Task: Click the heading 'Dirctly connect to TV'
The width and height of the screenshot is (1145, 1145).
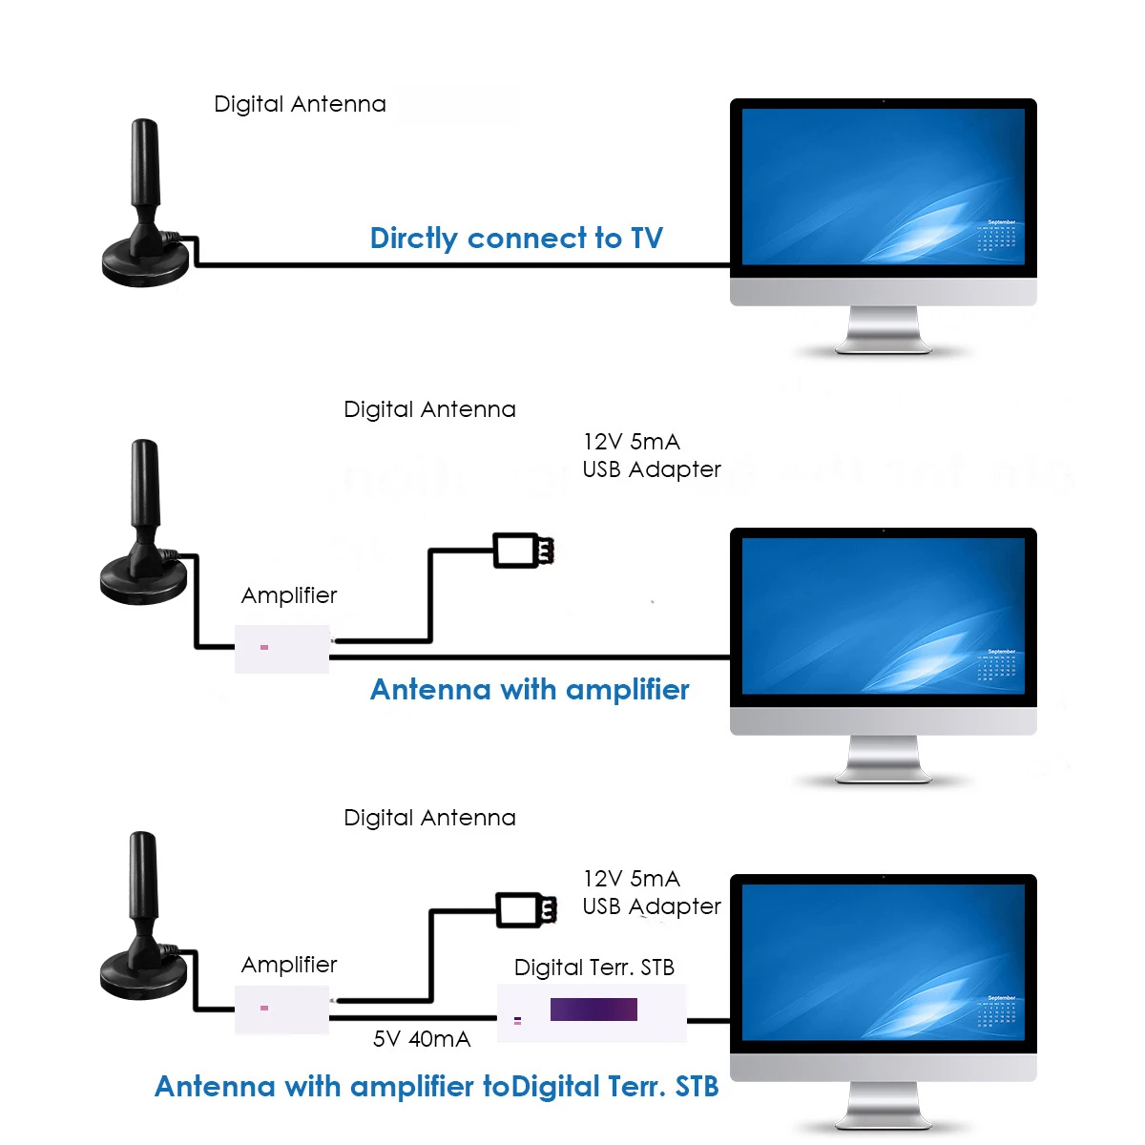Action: [x=516, y=239]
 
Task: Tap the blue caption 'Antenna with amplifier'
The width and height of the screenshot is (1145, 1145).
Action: [x=530, y=690]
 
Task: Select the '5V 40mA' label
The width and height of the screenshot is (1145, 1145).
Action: [x=422, y=1039]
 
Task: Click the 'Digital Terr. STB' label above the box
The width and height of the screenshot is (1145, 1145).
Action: [x=594, y=968]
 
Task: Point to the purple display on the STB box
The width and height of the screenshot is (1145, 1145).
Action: [x=593, y=1009]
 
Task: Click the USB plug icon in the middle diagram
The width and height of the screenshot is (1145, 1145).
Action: [x=524, y=551]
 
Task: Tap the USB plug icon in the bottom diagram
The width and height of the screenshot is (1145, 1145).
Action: [x=527, y=909]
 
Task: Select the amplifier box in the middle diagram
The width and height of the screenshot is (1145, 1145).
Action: [x=281, y=649]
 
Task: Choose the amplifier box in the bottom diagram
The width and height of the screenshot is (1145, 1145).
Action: [x=281, y=1010]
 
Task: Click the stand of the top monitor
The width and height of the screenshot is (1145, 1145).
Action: [x=883, y=330]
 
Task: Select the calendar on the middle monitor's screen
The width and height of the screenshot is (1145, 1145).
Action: [x=996, y=665]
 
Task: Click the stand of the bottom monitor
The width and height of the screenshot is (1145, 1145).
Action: [x=883, y=1105]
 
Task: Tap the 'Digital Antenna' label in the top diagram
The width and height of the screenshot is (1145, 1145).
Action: [x=300, y=104]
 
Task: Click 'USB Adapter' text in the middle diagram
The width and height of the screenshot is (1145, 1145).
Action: [x=652, y=469]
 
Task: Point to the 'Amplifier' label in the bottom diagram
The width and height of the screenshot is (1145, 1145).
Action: [x=289, y=965]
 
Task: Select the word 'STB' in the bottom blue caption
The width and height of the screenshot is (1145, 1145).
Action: [x=697, y=1087]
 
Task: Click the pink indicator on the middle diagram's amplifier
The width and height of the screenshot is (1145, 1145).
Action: [x=264, y=647]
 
